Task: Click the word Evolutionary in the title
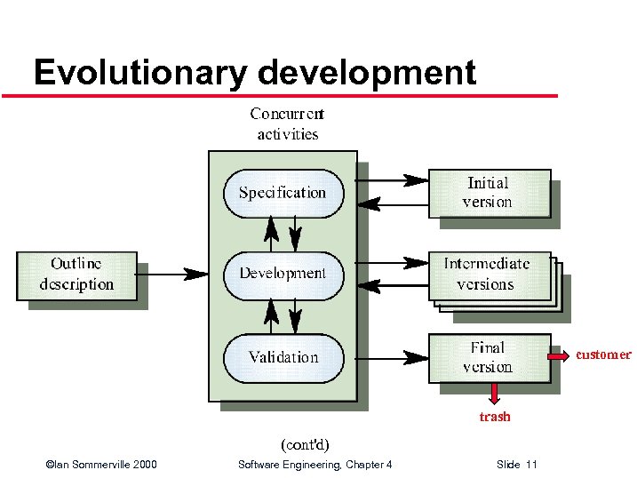click(x=137, y=73)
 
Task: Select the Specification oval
click(x=283, y=193)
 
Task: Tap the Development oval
click(x=283, y=274)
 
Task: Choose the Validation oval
click(x=283, y=357)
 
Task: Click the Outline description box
click(x=76, y=275)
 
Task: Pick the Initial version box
click(x=489, y=192)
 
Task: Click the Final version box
click(x=489, y=357)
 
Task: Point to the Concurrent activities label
click(x=287, y=124)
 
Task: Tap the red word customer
click(x=603, y=355)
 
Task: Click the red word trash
click(x=495, y=417)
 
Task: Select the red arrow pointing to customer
click(x=560, y=356)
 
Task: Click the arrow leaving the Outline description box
click(x=172, y=274)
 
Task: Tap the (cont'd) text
click(x=306, y=442)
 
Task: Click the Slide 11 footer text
click(x=518, y=465)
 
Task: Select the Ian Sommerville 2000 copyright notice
click(x=101, y=465)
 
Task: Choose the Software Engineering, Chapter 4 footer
click(x=315, y=465)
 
